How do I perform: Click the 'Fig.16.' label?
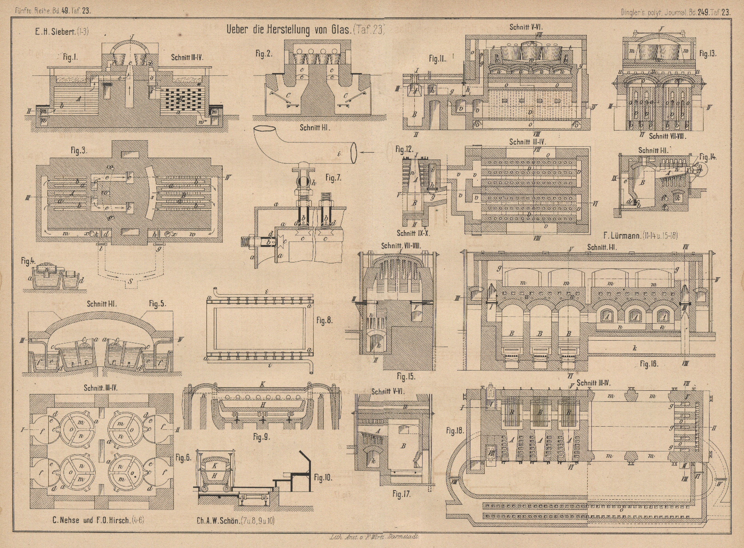[649, 364]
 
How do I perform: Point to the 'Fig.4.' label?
[29, 262]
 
